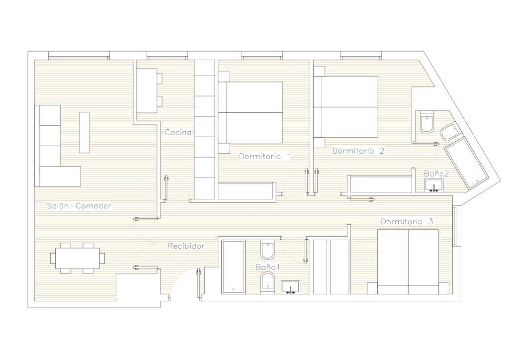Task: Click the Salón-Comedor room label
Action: (79, 206)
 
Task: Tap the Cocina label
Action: (178, 132)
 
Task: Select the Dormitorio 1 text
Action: (264, 156)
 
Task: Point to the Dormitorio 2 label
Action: (358, 151)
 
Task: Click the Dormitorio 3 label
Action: (407, 222)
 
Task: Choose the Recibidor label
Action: (186, 246)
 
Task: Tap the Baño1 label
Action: (268, 267)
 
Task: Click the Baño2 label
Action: (436, 174)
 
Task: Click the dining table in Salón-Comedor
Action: (78, 258)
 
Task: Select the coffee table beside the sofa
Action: (84, 132)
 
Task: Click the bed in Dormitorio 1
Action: (251, 112)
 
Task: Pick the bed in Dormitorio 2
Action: (346, 107)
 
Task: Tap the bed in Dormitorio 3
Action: (408, 262)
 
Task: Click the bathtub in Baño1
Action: (233, 267)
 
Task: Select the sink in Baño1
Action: (290, 287)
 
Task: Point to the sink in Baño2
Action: (434, 185)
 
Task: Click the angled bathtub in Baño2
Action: (466, 164)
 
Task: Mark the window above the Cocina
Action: (167, 56)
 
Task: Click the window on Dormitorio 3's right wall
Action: (457, 226)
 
